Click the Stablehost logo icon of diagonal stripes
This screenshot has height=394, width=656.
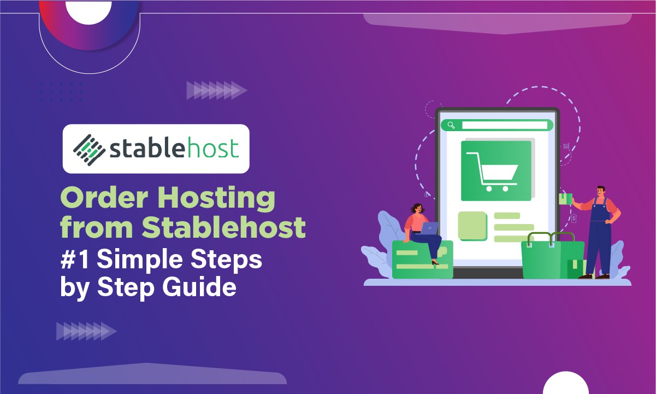coord(89,149)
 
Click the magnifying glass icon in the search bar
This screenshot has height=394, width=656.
coord(451,125)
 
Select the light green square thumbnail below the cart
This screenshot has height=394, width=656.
coord(472,225)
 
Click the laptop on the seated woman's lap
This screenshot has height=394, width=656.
coord(430,228)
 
